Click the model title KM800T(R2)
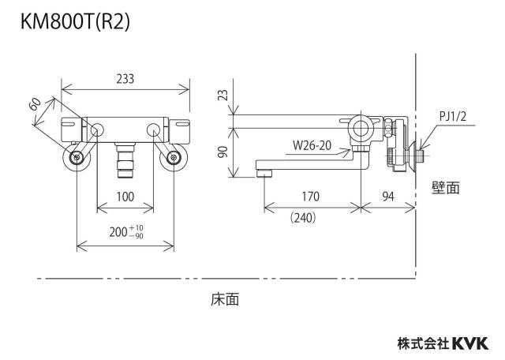click(x=76, y=22)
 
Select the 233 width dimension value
click(x=125, y=79)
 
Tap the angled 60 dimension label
click(x=36, y=104)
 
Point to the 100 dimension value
click(x=125, y=197)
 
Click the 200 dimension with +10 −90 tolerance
click(x=126, y=232)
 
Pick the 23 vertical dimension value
click(x=223, y=95)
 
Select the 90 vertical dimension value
click(x=223, y=152)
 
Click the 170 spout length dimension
click(x=310, y=197)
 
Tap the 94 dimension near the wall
click(x=388, y=197)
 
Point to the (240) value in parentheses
click(x=303, y=218)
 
